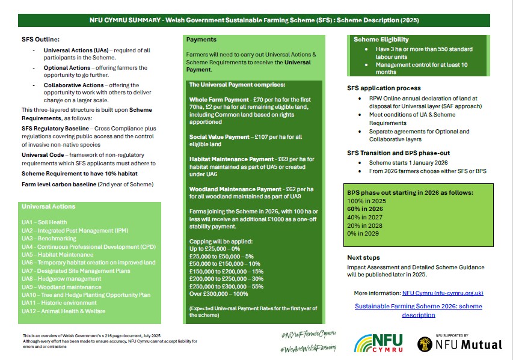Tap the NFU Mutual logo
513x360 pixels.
459,343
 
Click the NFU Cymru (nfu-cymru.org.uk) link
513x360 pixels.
443,293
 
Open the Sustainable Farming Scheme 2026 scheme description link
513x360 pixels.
418,310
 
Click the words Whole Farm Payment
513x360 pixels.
218,99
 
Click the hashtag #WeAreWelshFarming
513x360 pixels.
309,348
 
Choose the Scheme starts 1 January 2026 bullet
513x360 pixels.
407,163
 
